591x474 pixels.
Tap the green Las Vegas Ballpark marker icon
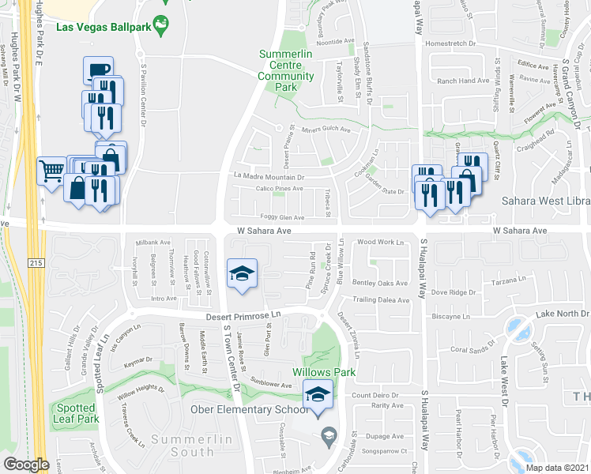pos(162,24)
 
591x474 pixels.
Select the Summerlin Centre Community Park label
pos(287,70)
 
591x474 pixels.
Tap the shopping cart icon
pos(52,170)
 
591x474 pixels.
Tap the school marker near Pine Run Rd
pos(240,273)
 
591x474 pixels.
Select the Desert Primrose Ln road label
pos(244,315)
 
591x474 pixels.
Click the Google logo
pos(26,465)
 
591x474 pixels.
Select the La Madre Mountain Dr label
pos(269,176)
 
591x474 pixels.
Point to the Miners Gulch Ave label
pos(326,130)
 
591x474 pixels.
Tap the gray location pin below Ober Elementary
pos(327,435)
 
